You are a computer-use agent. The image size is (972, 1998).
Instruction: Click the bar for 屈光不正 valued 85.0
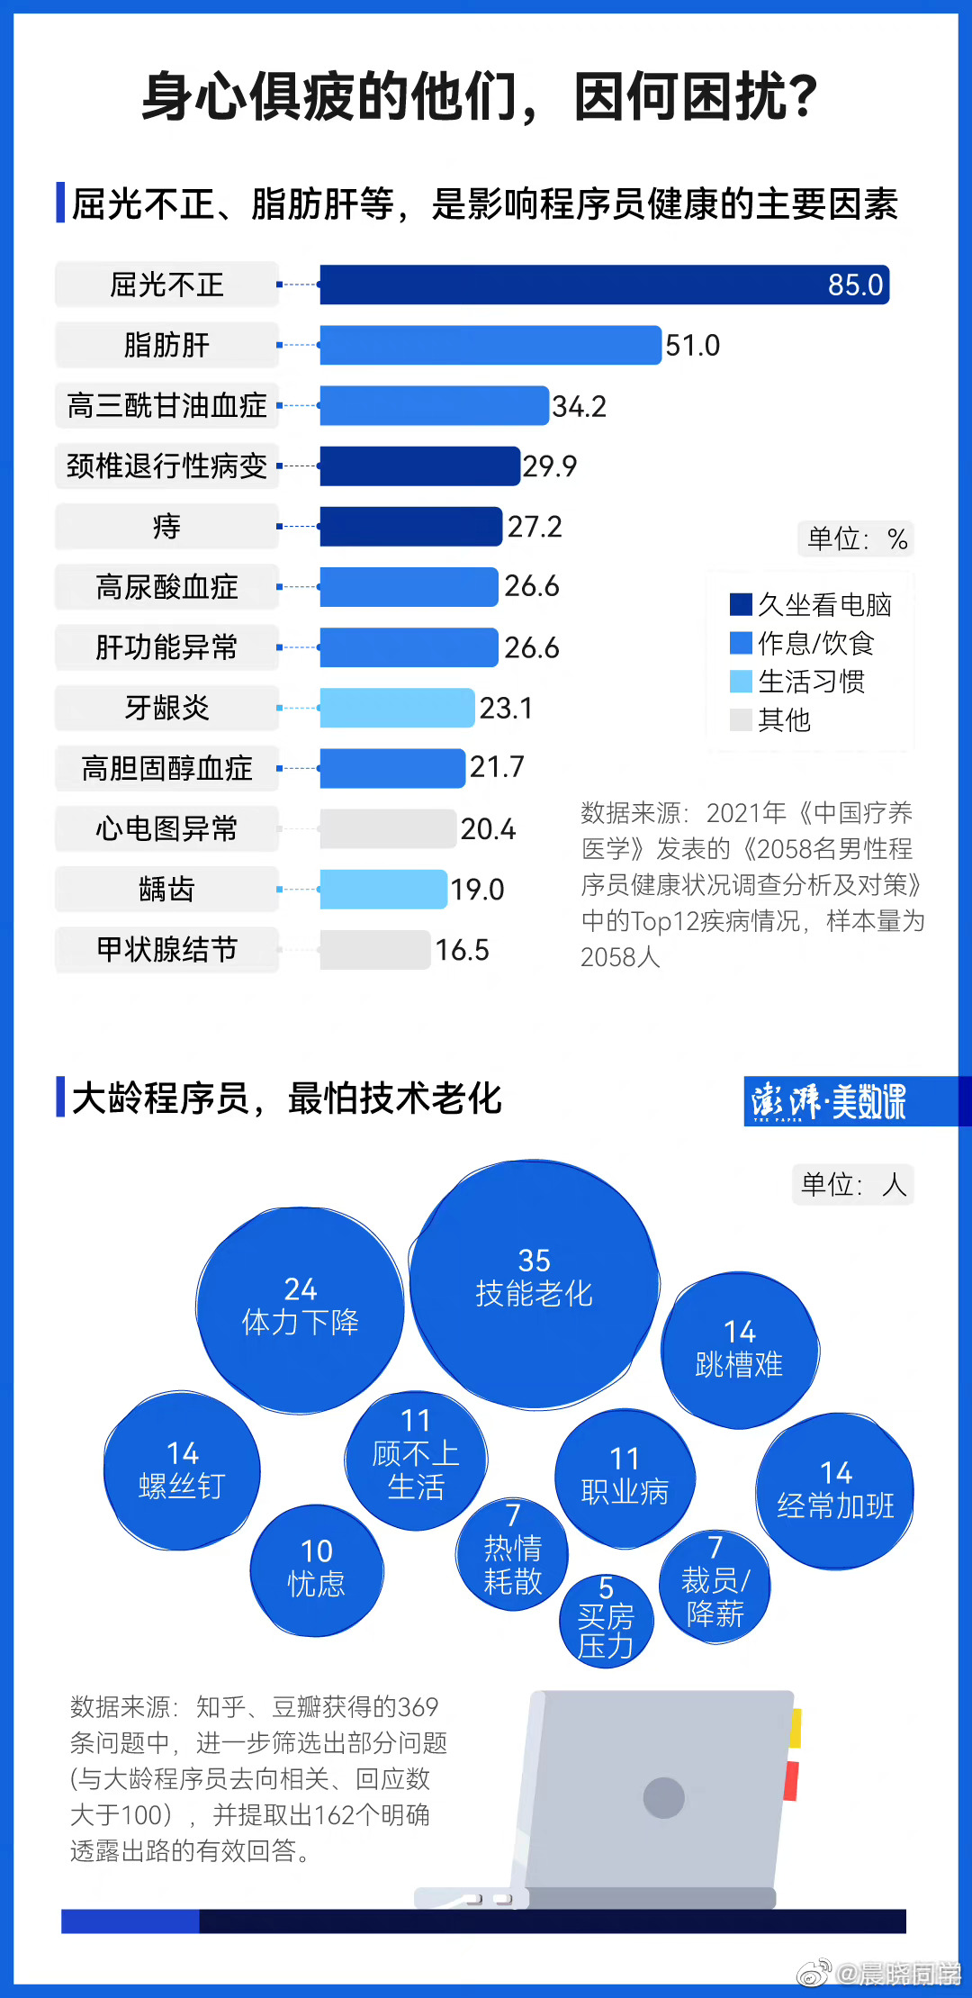(x=603, y=285)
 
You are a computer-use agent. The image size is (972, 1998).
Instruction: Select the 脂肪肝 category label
(x=166, y=345)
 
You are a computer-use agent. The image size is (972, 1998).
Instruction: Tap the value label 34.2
(x=579, y=406)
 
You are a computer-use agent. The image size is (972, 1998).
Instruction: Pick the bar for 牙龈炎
(x=396, y=708)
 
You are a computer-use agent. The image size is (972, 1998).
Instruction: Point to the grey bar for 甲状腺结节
(x=374, y=950)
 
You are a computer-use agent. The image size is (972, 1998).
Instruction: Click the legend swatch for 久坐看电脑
(x=741, y=604)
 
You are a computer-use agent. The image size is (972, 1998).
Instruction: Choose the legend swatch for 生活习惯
(x=741, y=682)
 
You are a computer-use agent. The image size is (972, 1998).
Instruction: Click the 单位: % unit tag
(x=856, y=538)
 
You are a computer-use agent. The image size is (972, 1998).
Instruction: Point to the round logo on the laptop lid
(x=663, y=1798)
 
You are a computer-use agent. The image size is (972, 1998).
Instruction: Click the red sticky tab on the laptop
(x=791, y=1781)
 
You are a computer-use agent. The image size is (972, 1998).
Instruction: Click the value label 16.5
(x=463, y=950)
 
